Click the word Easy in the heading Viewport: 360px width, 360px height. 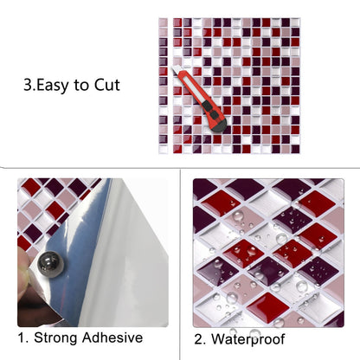point(53,86)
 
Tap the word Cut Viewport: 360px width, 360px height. point(107,85)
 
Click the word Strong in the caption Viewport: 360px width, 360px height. point(55,338)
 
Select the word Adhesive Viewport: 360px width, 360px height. point(112,337)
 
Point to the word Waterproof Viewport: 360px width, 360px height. point(247,339)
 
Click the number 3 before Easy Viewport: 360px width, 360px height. point(29,86)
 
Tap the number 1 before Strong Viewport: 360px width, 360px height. point(22,337)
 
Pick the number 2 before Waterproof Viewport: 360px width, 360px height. point(199,339)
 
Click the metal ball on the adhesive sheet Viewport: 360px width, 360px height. point(52,265)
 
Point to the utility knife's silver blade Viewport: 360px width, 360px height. point(176,70)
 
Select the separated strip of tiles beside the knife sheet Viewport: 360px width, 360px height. point(163,86)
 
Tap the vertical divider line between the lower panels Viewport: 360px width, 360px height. point(180,264)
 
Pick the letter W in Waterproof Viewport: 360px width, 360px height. point(218,339)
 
